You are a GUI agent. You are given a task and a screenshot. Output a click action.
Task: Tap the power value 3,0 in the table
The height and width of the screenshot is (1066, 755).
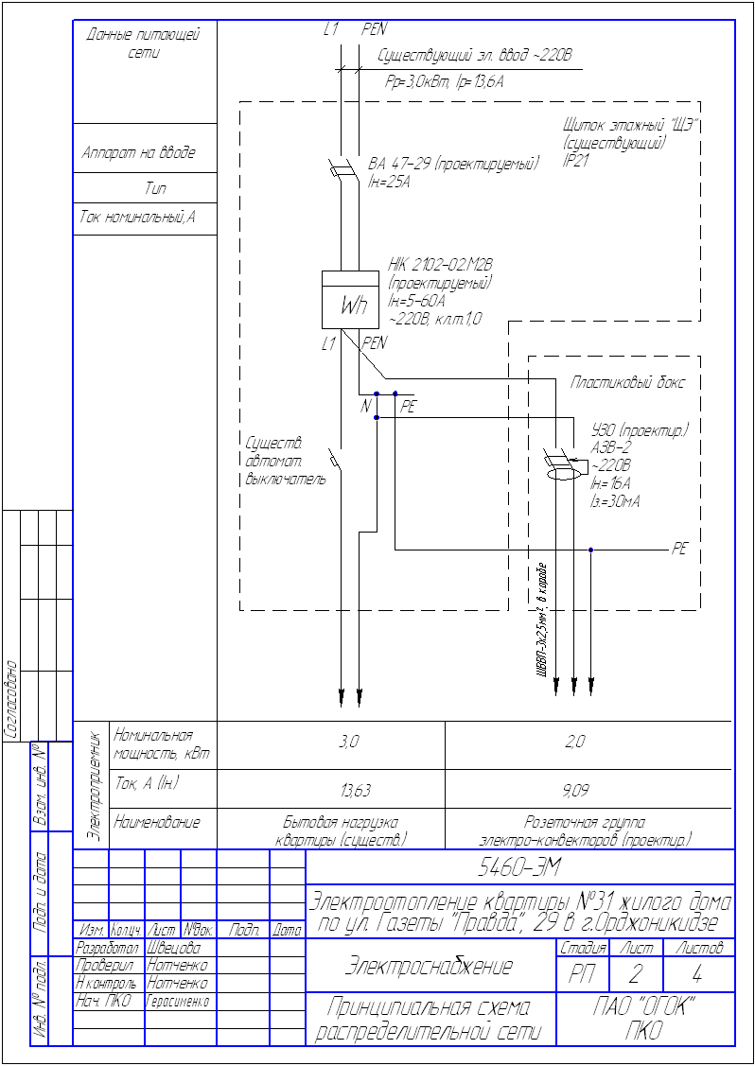coord(349,743)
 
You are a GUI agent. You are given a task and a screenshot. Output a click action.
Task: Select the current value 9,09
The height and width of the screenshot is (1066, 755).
coord(575,789)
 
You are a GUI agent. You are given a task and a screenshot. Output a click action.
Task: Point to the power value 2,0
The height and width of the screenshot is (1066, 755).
coord(575,743)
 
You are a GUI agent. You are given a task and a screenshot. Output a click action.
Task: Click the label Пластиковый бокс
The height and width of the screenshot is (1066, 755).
coord(627,383)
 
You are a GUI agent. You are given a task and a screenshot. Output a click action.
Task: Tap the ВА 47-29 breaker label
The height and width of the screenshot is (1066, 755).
coord(453,164)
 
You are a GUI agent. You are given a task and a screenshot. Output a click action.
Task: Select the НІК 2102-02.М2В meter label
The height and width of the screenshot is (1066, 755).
coord(440,264)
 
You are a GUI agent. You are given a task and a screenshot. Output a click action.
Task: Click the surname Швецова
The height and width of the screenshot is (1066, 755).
coord(172,948)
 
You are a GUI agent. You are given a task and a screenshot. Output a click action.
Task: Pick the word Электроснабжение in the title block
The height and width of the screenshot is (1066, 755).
coord(429,966)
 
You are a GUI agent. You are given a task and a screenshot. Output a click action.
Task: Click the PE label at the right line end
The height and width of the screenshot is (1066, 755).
coord(678,549)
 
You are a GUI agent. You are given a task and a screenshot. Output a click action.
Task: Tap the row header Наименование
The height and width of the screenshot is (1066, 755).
coord(157,823)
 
